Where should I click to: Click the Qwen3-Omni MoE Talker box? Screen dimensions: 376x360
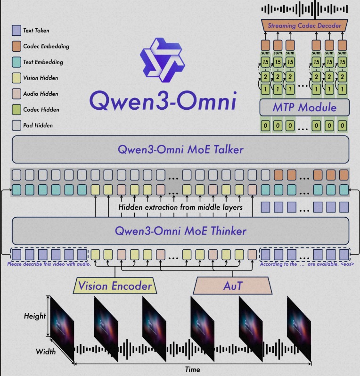(180, 149)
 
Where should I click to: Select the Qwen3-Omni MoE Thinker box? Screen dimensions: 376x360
(180, 231)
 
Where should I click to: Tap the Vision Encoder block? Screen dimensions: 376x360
(115, 286)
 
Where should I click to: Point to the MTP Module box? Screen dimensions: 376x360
(304, 107)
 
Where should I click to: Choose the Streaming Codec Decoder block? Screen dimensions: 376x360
(304, 25)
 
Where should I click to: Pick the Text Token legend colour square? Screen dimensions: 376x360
(16, 31)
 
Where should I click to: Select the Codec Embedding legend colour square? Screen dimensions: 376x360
(16, 47)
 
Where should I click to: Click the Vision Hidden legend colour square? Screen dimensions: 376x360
(16, 78)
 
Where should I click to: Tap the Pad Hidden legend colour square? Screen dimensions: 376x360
(16, 126)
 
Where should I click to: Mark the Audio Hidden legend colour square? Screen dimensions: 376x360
(16, 94)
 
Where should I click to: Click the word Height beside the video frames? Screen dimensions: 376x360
(35, 316)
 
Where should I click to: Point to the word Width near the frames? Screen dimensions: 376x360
(46, 351)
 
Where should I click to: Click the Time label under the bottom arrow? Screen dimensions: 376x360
(193, 369)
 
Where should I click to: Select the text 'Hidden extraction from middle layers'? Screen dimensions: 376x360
(180, 207)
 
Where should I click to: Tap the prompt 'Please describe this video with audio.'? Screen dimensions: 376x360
(49, 264)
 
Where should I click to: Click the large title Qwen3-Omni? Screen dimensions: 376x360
(162, 99)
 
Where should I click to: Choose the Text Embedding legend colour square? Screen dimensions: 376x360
(16, 62)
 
